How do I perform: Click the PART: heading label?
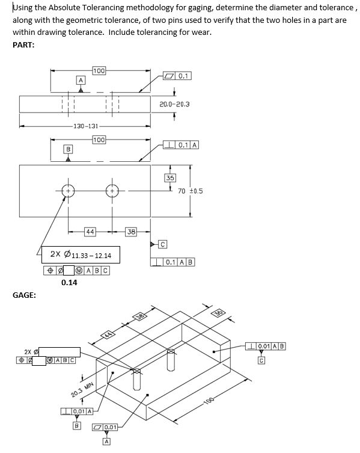pos(23,45)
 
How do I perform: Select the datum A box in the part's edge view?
pos(79,80)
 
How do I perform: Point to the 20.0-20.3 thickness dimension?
pos(174,104)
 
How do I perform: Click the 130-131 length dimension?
pos(85,126)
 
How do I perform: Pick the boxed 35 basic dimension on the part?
pos(170,178)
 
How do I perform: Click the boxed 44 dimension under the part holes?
pos(90,232)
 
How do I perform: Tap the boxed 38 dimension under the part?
pos(131,232)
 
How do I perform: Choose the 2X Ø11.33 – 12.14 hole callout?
pos(81,256)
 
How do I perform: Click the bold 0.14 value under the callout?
pos(69,282)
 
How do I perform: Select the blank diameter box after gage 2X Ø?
pos(61,351)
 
